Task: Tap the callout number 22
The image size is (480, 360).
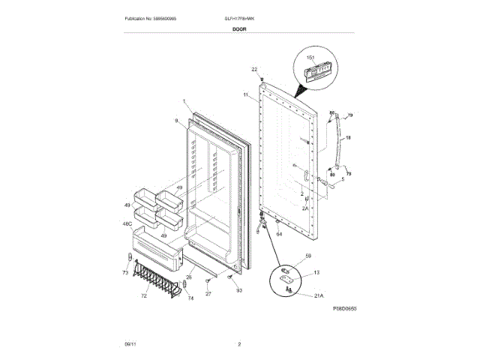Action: point(254,69)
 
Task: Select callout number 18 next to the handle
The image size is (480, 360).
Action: point(348,138)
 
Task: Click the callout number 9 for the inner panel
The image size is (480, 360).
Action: point(176,121)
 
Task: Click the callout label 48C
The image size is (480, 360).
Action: point(127,223)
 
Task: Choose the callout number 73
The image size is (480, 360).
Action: point(125,274)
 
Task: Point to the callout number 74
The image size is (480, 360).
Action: point(190,298)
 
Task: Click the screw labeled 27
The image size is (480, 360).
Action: point(209,280)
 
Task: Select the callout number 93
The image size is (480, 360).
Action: point(238,289)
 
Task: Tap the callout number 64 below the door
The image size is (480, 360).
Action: point(279,234)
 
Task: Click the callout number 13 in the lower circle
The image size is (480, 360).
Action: point(316,272)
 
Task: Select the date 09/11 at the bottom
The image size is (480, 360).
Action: point(130,344)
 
